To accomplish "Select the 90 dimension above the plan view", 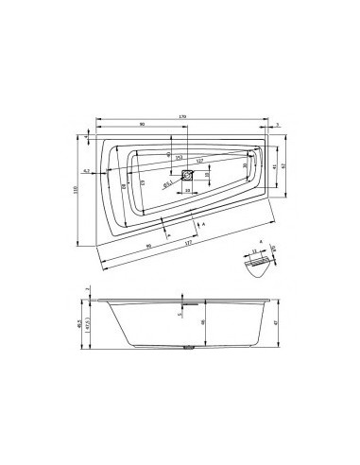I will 142,125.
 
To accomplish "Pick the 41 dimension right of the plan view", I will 274,167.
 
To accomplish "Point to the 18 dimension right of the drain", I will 207,175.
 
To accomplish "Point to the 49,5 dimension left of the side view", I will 79,323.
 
